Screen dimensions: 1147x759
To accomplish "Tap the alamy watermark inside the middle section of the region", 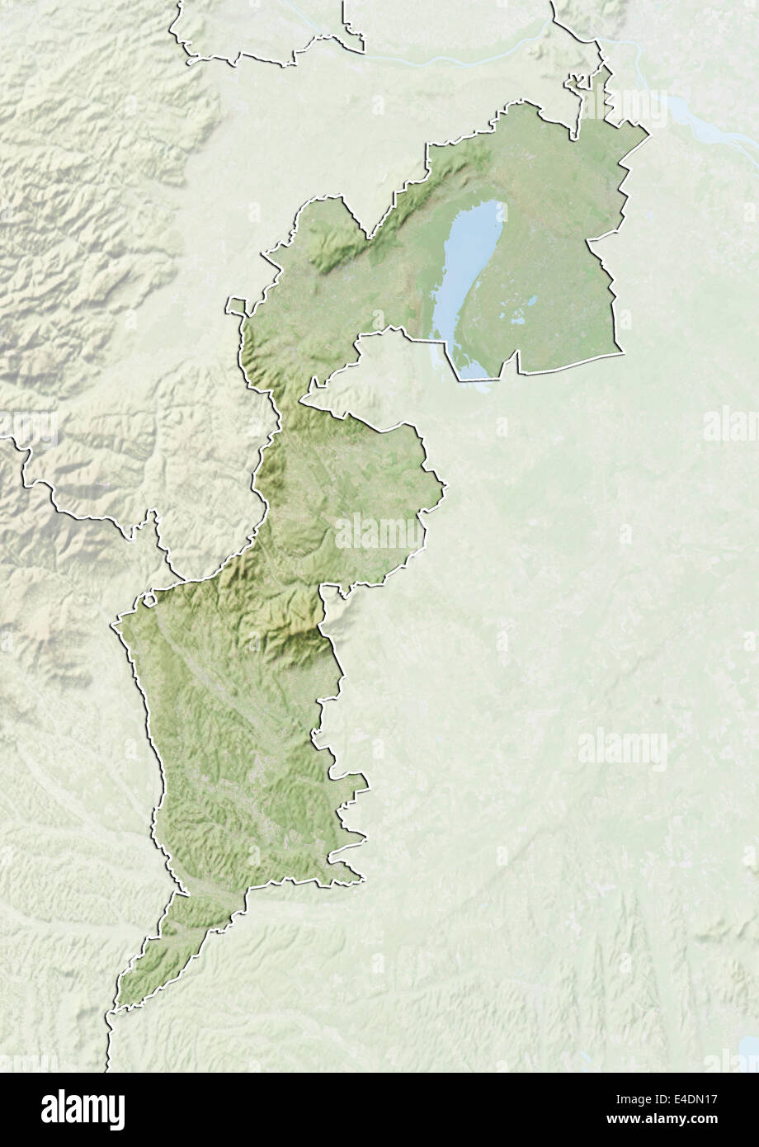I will coord(379,532).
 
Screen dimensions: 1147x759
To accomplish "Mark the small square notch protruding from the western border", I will coord(236,306).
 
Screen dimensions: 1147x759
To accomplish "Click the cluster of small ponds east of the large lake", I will coord(520,314).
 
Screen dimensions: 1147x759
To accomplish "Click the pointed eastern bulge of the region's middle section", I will coord(442,487).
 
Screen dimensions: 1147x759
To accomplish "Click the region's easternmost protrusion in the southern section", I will coord(365,781).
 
